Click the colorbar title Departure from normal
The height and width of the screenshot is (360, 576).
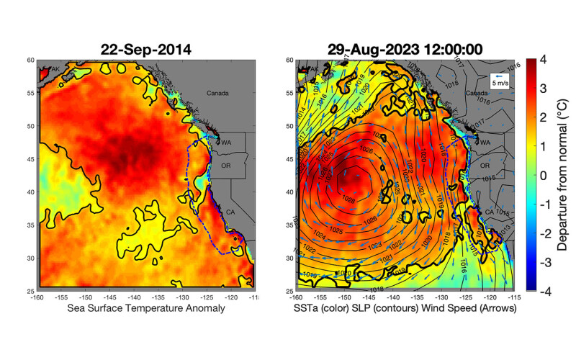[x=564, y=175]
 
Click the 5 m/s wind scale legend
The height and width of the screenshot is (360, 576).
[x=499, y=80]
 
